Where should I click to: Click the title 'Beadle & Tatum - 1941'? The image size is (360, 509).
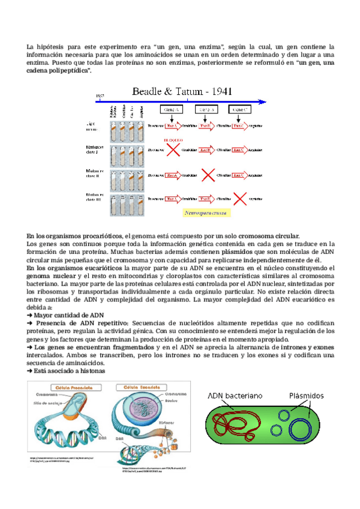pyautogui.click(x=182, y=92)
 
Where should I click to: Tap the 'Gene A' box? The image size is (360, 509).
pyautogui.click(x=171, y=110)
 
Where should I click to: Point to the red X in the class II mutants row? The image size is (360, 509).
pyautogui.click(x=208, y=175)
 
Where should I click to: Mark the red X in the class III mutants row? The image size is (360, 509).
pyautogui.click(x=241, y=198)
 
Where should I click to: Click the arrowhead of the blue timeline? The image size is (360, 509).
pyautogui.click(x=262, y=101)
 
